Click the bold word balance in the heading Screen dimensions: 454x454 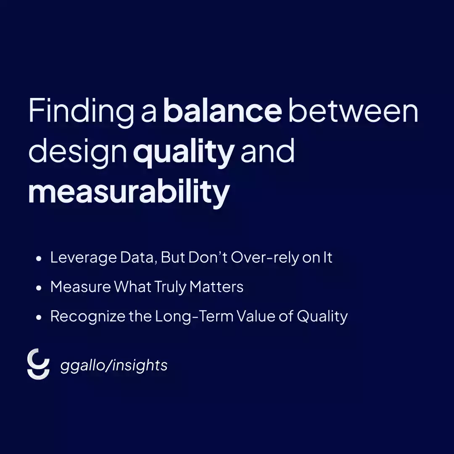coord(222,111)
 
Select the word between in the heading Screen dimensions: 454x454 coord(353,111)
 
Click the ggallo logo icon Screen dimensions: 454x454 coord(38,364)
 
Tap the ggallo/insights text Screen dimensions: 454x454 coord(114,366)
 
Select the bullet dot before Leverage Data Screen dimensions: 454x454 coord(39,259)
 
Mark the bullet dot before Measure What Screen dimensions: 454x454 coord(39,288)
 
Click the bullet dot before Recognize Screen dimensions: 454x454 coord(39,317)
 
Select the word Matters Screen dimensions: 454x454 coord(216,287)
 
